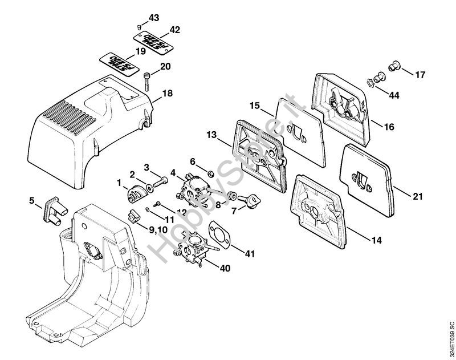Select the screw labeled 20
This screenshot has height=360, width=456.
[x=147, y=79]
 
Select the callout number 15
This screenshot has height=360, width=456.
[x=255, y=106]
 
